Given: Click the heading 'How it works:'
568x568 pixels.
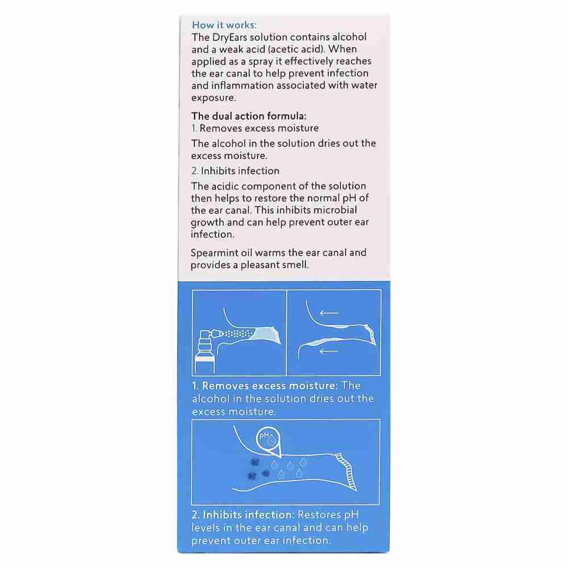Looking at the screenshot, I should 224,25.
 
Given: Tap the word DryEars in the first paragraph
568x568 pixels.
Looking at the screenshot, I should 232,37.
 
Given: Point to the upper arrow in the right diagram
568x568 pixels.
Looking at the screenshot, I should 329,313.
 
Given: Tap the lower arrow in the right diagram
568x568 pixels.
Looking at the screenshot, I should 329,351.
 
